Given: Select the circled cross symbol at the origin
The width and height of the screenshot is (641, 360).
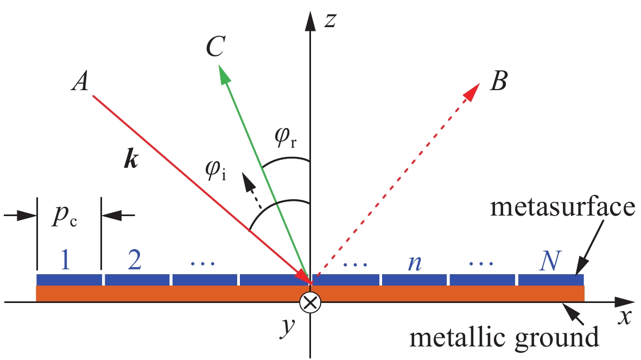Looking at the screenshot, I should click(310, 303).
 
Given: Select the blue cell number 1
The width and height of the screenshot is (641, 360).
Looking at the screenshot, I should click(65, 261).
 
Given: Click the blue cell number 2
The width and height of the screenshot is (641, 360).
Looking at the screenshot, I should click(136, 261).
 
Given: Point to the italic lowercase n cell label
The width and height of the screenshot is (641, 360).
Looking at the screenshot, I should click(415, 263).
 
